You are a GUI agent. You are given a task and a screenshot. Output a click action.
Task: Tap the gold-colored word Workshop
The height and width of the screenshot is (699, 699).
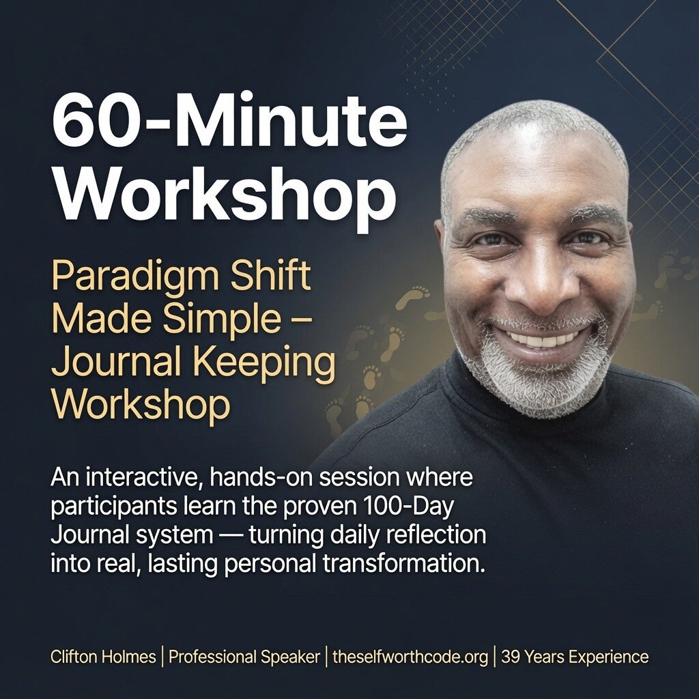[141, 403]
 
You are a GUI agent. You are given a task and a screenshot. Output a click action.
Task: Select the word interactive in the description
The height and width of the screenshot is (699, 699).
[141, 477]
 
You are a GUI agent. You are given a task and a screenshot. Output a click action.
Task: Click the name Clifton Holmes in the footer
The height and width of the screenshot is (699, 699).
[103, 657]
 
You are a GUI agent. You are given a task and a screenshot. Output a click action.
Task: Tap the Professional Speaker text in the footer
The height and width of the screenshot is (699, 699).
[244, 657]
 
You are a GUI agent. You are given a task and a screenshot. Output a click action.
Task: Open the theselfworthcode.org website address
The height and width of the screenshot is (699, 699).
[410, 657]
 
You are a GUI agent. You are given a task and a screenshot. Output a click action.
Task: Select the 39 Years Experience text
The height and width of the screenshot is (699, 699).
[575, 657]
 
